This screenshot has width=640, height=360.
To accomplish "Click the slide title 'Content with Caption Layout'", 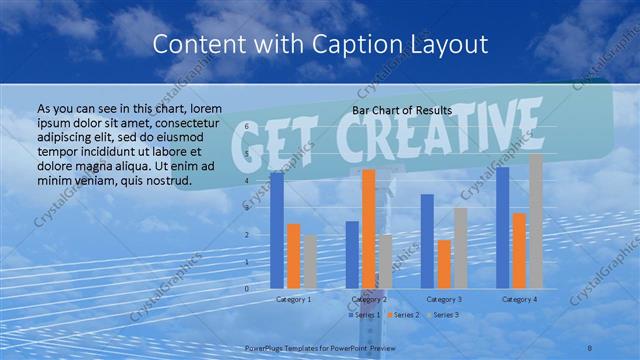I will click(x=319, y=44).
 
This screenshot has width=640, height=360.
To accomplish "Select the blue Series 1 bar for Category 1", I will click(x=277, y=230).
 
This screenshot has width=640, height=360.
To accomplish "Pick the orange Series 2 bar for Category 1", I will click(x=294, y=256).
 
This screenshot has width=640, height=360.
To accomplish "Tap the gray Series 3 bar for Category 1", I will click(x=310, y=262).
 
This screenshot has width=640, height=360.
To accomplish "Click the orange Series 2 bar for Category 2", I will click(x=368, y=229).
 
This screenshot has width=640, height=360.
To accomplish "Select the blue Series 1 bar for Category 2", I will click(x=352, y=255).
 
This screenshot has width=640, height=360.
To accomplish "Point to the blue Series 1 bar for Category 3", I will click(x=427, y=241).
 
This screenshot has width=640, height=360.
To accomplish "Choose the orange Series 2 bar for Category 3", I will click(x=444, y=264).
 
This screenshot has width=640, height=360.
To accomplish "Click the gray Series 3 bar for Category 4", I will click(x=536, y=221).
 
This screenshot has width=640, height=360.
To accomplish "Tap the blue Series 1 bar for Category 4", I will click(x=502, y=227).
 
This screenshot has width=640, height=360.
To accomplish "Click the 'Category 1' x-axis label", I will click(x=293, y=299).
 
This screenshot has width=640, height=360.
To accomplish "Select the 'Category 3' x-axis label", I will click(x=444, y=299).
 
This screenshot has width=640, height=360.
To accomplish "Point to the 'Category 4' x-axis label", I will click(x=519, y=299).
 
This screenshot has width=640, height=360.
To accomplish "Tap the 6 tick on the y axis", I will click(x=248, y=127).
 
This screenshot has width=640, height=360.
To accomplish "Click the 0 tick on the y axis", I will click(x=248, y=288).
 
